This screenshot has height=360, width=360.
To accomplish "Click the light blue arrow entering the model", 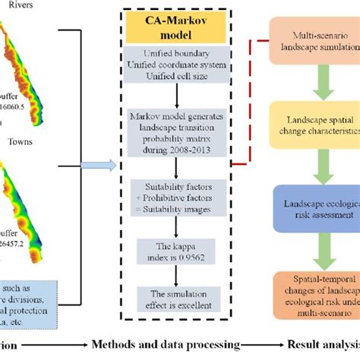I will (99, 164).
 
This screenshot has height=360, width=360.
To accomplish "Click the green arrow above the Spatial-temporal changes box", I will (309, 249).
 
